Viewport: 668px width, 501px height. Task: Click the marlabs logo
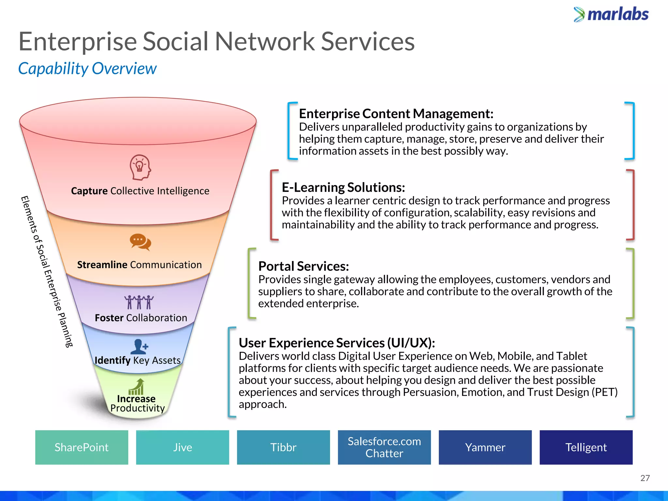tap(611, 15)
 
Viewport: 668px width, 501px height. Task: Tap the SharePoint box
tap(82, 447)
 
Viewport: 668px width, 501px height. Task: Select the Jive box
tap(182, 447)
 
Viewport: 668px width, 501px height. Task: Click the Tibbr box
tap(283, 447)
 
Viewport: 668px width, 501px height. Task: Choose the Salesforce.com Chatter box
tap(384, 447)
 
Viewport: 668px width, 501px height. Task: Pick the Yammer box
tap(485, 447)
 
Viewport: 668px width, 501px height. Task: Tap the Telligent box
tap(586, 447)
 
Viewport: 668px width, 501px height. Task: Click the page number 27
tap(645, 478)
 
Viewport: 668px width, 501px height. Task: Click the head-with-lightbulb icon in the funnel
tap(140, 167)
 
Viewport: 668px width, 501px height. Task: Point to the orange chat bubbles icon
tap(140, 242)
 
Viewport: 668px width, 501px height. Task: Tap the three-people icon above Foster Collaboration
tap(139, 302)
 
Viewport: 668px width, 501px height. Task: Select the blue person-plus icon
tap(139, 347)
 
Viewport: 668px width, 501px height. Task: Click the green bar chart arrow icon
tap(137, 387)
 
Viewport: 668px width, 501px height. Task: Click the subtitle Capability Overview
tap(87, 69)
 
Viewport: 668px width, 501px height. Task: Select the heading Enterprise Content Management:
tap(396, 114)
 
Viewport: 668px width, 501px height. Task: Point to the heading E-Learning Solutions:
tap(343, 188)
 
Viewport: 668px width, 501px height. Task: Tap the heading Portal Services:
tap(303, 266)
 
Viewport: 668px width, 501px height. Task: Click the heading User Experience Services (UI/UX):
tap(337, 343)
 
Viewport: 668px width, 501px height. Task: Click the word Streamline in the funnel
tap(102, 265)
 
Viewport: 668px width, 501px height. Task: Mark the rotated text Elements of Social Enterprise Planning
tap(47, 271)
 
